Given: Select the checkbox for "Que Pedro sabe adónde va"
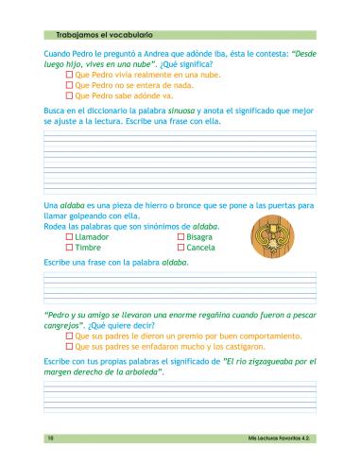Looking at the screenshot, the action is pyautogui.click(x=69, y=95).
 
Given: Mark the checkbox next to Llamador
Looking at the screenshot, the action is pyautogui.click(x=69, y=237).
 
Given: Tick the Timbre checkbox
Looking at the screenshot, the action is pyautogui.click(x=69, y=248).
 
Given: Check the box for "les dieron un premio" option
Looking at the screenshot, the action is pyautogui.click(x=69, y=336).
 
